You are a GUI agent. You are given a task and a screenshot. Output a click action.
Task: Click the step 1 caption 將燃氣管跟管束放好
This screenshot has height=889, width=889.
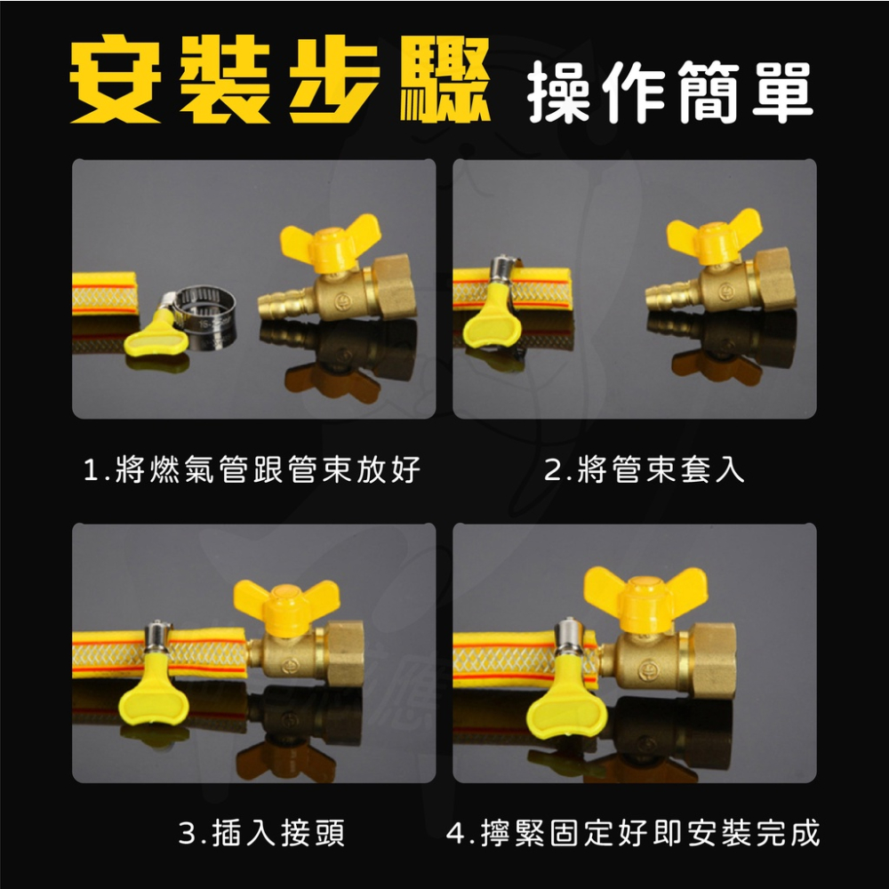tap(252, 470)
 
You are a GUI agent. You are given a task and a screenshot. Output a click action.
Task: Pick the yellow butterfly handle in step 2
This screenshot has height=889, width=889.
tap(714, 236)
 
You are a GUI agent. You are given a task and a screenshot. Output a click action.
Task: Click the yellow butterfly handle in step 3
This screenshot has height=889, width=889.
tap(285, 605)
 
